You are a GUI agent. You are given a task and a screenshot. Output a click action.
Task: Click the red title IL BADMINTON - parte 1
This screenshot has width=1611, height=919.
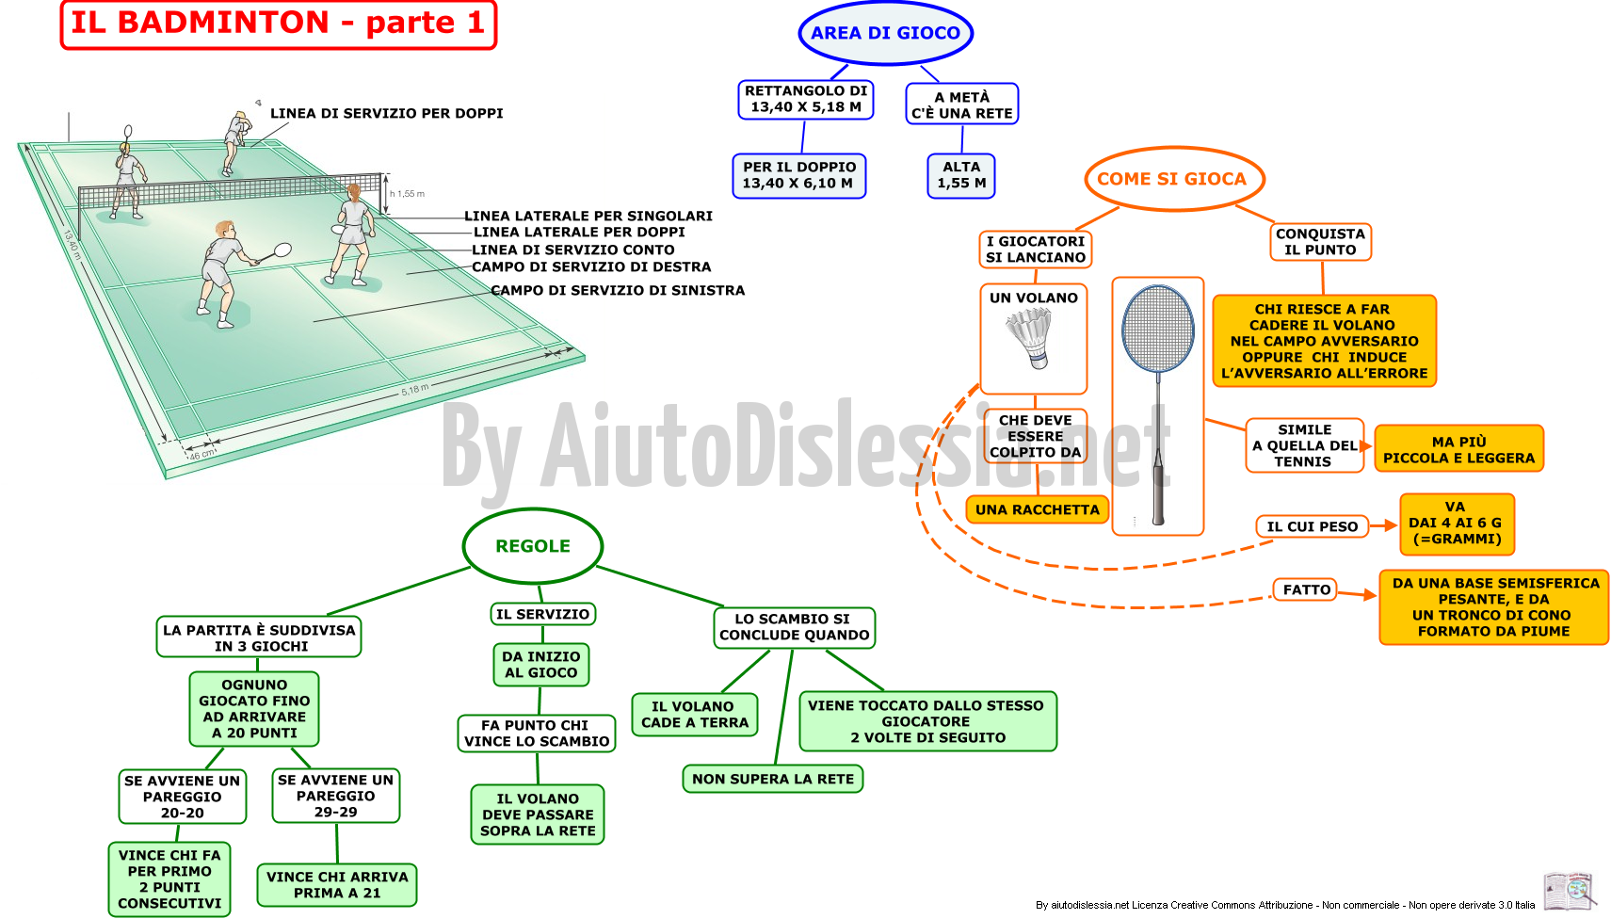[x=279, y=24]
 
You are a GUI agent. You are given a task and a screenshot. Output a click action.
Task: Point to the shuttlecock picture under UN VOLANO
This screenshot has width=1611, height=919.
[x=1030, y=338]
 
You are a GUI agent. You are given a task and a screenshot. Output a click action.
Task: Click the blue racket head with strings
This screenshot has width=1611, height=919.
[x=1158, y=329]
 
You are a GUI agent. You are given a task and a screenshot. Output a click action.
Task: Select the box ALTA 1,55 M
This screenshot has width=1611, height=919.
[x=961, y=175]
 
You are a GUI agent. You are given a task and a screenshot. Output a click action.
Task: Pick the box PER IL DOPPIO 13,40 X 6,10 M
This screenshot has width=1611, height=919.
[x=799, y=175]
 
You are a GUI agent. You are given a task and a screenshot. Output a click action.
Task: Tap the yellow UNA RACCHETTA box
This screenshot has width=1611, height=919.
[x=1037, y=509]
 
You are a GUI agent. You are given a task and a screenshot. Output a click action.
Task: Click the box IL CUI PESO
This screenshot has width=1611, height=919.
[x=1312, y=526]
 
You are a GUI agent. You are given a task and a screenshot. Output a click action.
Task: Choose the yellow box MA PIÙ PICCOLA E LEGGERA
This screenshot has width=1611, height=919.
[x=1458, y=449]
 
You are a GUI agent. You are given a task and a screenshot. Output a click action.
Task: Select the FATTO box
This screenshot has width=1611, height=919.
[x=1306, y=589]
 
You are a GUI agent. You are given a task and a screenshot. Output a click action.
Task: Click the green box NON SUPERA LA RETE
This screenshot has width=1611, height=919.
[x=772, y=779]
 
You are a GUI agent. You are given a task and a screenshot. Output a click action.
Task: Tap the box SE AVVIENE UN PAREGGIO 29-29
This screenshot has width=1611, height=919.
[x=336, y=796]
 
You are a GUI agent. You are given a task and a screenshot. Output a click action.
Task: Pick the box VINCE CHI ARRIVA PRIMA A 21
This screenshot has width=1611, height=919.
[x=336, y=884]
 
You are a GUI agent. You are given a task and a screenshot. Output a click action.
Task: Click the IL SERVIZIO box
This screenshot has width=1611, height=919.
[x=542, y=614]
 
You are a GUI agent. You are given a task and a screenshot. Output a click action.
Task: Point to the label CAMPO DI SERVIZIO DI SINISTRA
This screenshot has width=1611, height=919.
[x=618, y=291]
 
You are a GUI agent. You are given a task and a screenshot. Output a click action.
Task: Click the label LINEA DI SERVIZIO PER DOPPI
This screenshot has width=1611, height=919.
[x=386, y=114]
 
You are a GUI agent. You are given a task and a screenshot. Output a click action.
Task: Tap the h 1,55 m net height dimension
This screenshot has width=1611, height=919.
[x=407, y=193]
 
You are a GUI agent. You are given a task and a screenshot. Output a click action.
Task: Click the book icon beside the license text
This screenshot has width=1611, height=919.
[x=1570, y=893]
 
